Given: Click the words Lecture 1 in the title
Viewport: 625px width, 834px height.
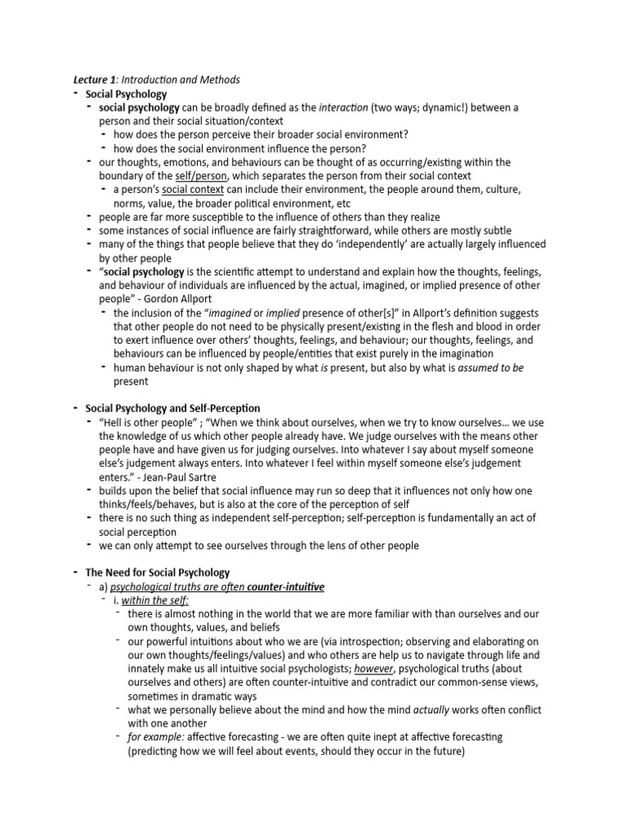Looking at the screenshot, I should [91, 80].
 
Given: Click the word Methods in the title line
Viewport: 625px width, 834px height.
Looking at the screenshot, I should [219, 80].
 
